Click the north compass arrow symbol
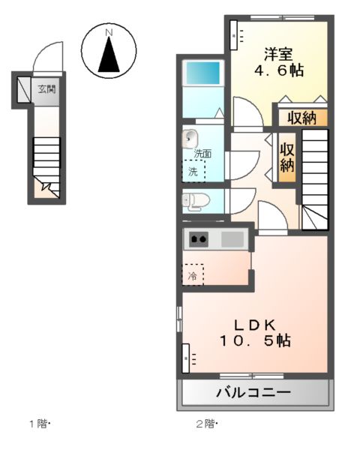(109, 54)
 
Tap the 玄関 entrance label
(47, 90)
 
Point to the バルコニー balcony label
(253, 392)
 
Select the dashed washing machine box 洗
(195, 171)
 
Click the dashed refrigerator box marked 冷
(193, 275)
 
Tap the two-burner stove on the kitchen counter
(199, 240)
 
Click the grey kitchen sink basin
(232, 240)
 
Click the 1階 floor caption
(39, 424)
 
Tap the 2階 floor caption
(205, 424)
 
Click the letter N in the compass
(109, 32)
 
